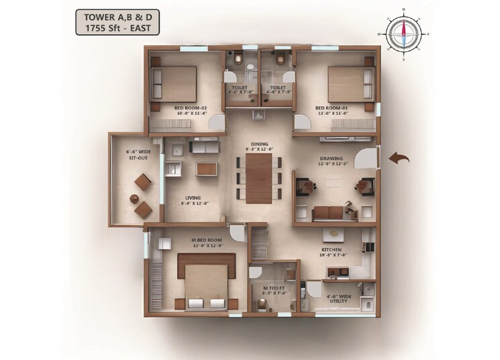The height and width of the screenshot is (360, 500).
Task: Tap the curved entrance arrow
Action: click(401, 159)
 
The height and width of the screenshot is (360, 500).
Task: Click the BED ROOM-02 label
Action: click(189, 108)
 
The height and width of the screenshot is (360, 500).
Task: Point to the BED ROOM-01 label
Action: click(330, 108)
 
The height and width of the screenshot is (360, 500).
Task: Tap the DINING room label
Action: click(259, 144)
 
